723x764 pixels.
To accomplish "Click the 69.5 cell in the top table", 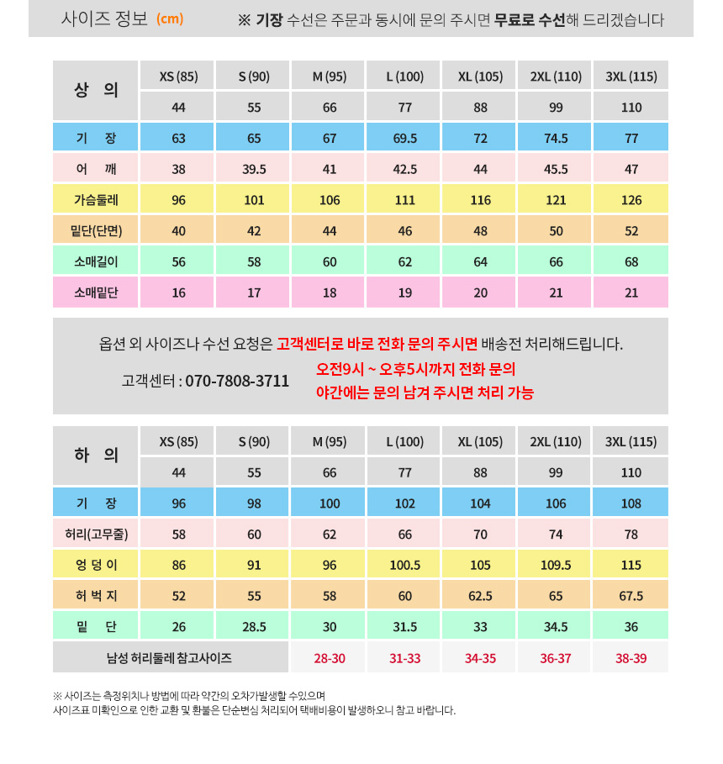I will click(x=405, y=139).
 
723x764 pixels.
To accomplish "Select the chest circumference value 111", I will click(x=405, y=200).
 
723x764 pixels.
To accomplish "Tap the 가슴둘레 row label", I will click(x=96, y=200).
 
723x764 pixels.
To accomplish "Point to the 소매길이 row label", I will click(x=96, y=261).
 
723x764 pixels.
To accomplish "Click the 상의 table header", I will click(x=96, y=90).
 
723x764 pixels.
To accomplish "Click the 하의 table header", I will click(x=96, y=456).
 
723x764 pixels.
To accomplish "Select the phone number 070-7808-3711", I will click(x=237, y=381).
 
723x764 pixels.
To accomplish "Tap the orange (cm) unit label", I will click(x=170, y=18).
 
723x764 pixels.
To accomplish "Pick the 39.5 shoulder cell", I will click(x=254, y=169).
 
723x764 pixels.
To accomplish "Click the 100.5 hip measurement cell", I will click(x=405, y=565).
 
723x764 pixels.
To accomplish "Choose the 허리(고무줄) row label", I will click(x=96, y=534).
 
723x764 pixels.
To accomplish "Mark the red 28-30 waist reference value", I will click(x=330, y=658).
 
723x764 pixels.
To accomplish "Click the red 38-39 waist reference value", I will click(x=631, y=658).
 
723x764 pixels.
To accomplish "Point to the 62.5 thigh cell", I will click(x=480, y=596).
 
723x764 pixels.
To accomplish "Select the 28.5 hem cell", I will click(x=254, y=627).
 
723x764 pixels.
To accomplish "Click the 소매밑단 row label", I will click(x=96, y=292).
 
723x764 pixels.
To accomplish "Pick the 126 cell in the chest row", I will click(x=631, y=200).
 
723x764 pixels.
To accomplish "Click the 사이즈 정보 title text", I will click(x=104, y=18).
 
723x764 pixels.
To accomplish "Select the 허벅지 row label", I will click(x=96, y=596).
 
